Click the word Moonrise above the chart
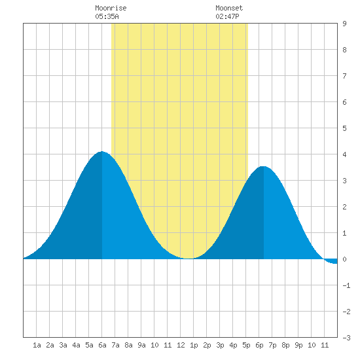pyautogui.click(x=111, y=9)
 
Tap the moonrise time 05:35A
pyautogui.click(x=107, y=16)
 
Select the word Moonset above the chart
pyautogui.click(x=229, y=9)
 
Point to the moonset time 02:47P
pyautogui.click(x=227, y=16)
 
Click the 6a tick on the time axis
pyautogui.click(x=102, y=345)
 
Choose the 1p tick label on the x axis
pyautogui.click(x=194, y=345)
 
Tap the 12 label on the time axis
pyautogui.click(x=181, y=345)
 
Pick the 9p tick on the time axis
pyautogui.click(x=298, y=345)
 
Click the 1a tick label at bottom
pyautogui.click(x=37, y=345)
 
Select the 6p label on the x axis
pyautogui.click(x=259, y=345)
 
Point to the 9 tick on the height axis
pyautogui.click(x=344, y=24)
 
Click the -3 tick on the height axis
pyautogui.click(x=346, y=338)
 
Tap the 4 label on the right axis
pyautogui.click(x=344, y=154)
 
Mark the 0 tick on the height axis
pyautogui.click(x=344, y=259)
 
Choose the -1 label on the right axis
pyautogui.click(x=346, y=285)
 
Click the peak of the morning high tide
pyautogui.click(x=101, y=152)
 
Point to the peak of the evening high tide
pyautogui.click(x=264, y=166)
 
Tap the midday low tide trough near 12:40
pyautogui.click(x=189, y=259)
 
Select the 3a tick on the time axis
pyautogui.click(x=63, y=345)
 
